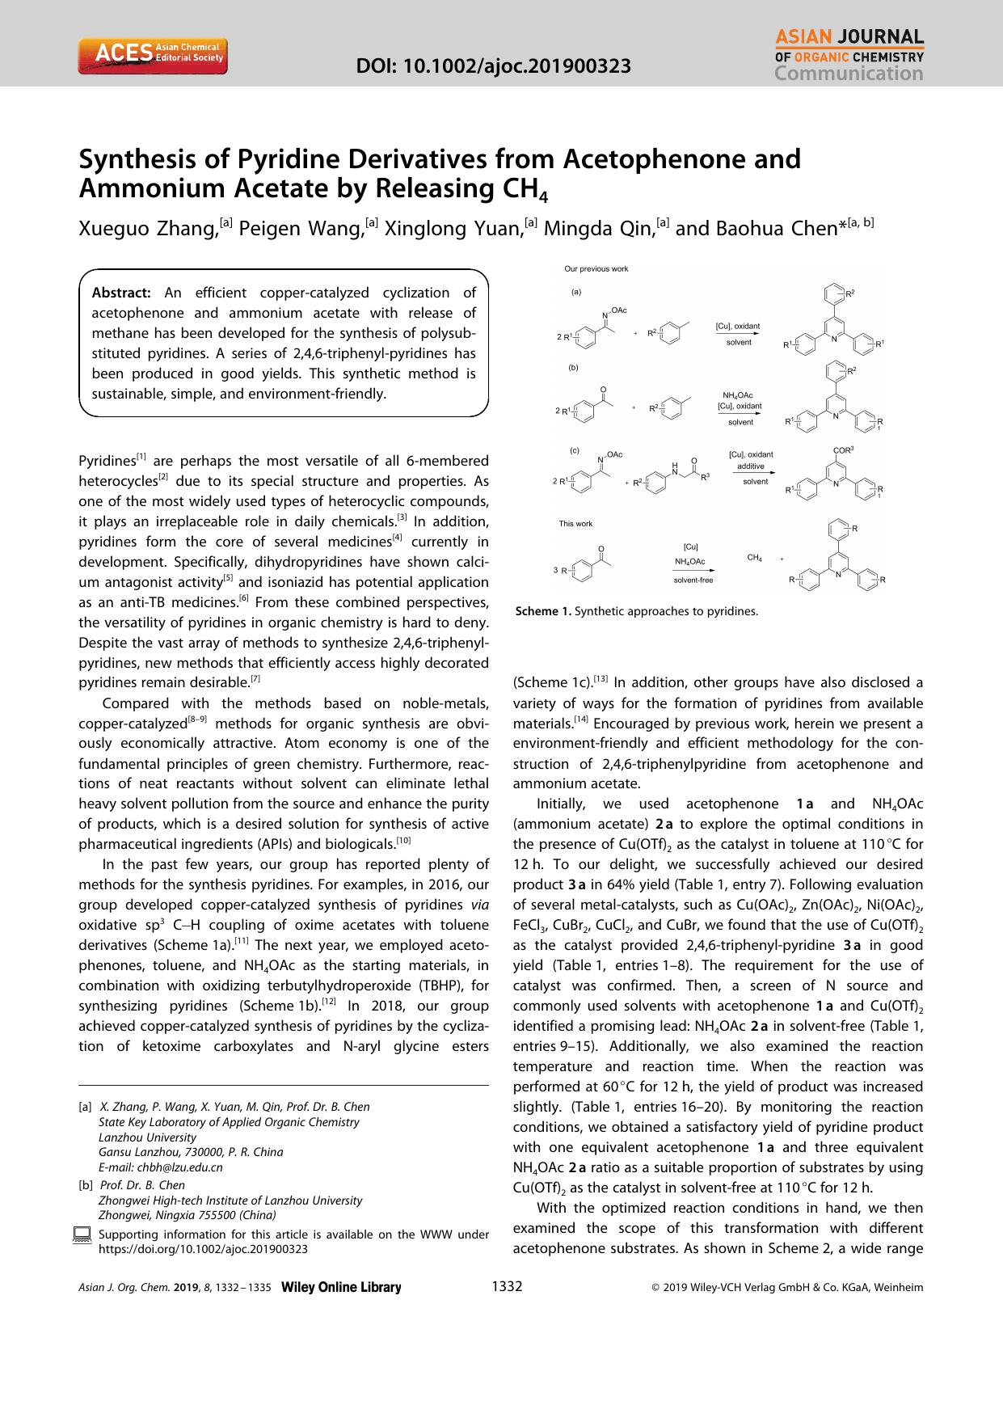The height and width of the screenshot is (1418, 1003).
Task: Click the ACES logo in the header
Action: (x=153, y=54)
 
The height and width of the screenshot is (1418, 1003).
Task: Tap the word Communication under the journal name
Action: (x=849, y=74)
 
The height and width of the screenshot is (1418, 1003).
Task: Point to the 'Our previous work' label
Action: (x=596, y=269)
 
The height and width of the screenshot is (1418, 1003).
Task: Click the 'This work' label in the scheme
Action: (x=575, y=524)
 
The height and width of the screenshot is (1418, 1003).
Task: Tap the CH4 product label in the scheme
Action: (x=754, y=558)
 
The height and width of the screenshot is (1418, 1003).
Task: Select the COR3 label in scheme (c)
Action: (x=843, y=449)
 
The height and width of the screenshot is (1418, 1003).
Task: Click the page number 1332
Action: (x=507, y=1287)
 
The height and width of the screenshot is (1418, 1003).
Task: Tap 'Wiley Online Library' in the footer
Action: (x=340, y=1288)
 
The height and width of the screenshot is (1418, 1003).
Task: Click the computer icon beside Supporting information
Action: (x=82, y=1234)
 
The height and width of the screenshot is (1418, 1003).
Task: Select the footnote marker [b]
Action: (x=85, y=1185)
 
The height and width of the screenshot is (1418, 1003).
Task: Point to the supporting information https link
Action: (x=202, y=1248)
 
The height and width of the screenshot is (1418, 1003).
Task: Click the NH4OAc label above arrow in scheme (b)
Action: (x=737, y=395)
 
